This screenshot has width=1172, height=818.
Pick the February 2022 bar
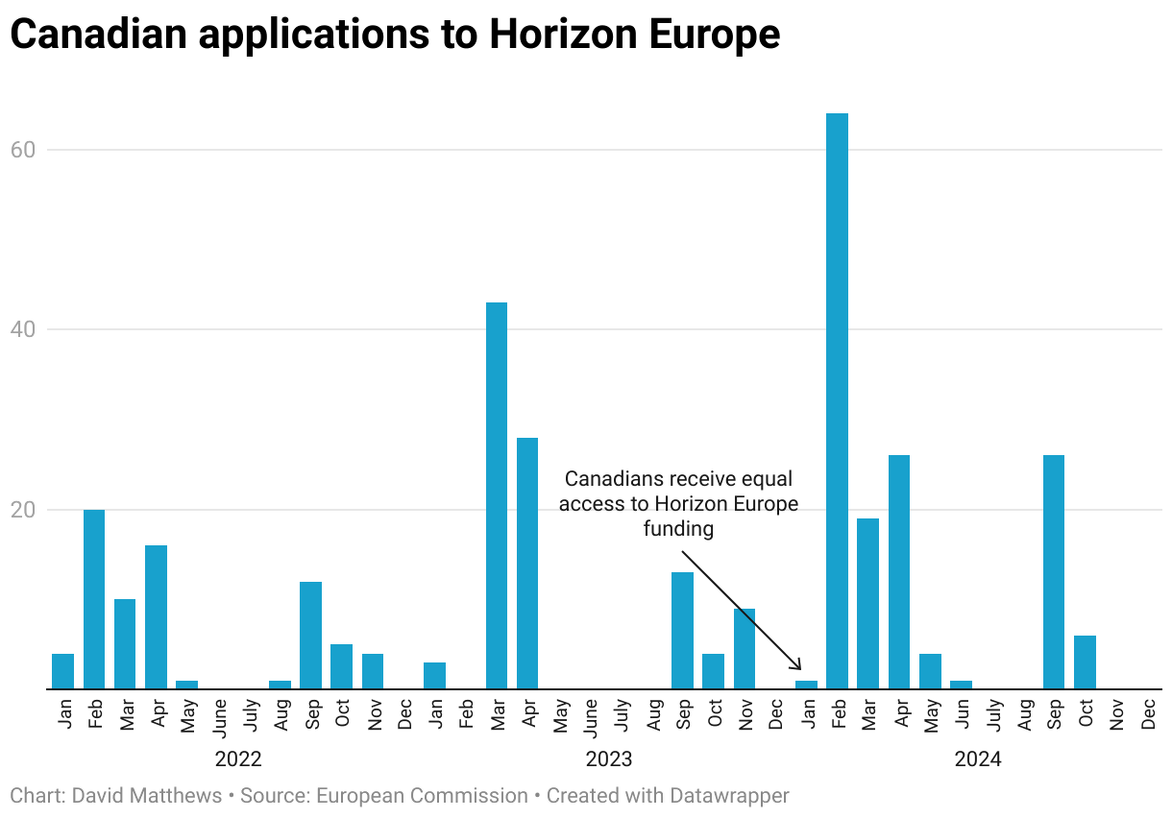(94, 599)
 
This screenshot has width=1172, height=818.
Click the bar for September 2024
(1054, 572)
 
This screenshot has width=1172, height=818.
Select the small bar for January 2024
(806, 685)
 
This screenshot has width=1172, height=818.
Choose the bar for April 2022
(156, 617)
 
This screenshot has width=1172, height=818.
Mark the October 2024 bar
(1085, 662)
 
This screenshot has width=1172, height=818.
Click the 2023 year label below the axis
(609, 759)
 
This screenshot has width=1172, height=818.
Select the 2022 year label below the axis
(237, 759)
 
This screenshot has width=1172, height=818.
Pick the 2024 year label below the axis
(977, 759)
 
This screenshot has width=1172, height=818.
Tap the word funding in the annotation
(678, 529)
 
